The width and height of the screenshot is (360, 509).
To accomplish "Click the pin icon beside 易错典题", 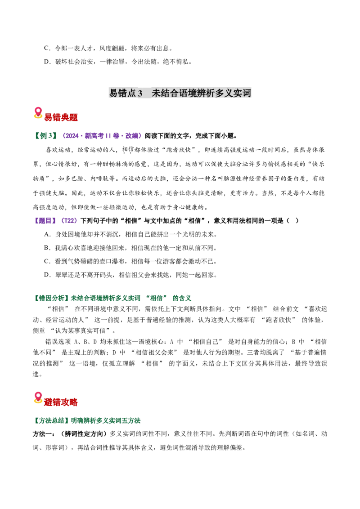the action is pos(38,113).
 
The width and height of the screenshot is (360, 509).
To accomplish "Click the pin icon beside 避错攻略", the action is pos(38,398).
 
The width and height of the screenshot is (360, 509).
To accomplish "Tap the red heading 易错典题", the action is pos(61,117).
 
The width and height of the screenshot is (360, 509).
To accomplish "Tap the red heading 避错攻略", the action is pos(61,402).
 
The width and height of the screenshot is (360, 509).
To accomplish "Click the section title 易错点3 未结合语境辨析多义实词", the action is pos(180,93).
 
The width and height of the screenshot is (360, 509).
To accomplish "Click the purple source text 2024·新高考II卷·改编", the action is pos(101,136).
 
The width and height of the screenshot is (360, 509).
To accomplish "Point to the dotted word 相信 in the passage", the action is pos(128,150).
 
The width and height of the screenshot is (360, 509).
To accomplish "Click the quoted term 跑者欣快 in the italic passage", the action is pos(179,150).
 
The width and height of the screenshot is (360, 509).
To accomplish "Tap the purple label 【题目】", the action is pos(45,221).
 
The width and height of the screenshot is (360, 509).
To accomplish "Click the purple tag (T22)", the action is pos(69,221).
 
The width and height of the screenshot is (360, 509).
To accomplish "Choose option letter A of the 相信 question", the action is pos(47,234).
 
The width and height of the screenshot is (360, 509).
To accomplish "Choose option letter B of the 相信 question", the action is pos(47,248).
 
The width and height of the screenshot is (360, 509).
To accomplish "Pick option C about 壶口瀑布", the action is pos(130,261).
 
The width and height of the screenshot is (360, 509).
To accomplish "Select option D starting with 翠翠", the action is pos(130,275).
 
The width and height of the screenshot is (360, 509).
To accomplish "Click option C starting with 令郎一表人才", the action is pos(108,49).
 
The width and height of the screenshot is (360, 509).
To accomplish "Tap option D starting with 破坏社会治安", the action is pos(118,62).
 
